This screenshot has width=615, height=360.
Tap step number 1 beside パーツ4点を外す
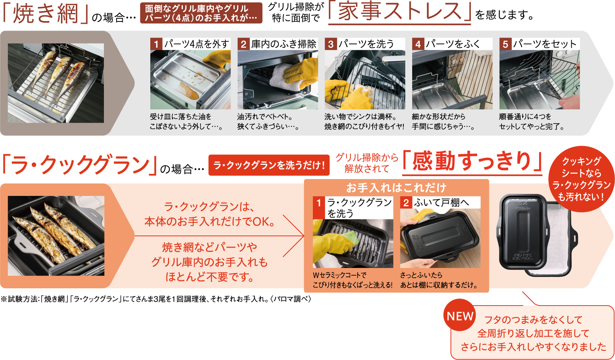tap(156, 44)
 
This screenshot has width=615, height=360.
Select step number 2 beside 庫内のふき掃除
tap(243, 44)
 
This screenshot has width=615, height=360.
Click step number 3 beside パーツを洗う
tap(331, 44)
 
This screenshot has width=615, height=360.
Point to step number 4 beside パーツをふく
tap(418, 44)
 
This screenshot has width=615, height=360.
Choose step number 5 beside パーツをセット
tap(505, 44)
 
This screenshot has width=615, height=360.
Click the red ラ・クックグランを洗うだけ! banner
tap(269, 165)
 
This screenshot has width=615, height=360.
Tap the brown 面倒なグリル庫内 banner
tap(201, 13)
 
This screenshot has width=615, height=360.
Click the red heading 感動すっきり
tap(472, 161)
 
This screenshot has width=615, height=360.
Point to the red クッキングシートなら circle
tap(581, 179)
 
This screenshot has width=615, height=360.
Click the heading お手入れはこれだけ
tap(396, 187)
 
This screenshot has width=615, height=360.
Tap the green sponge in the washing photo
tap(352, 237)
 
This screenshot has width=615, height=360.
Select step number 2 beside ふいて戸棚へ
tap(406, 202)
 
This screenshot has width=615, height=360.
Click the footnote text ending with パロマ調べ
tap(156, 299)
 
